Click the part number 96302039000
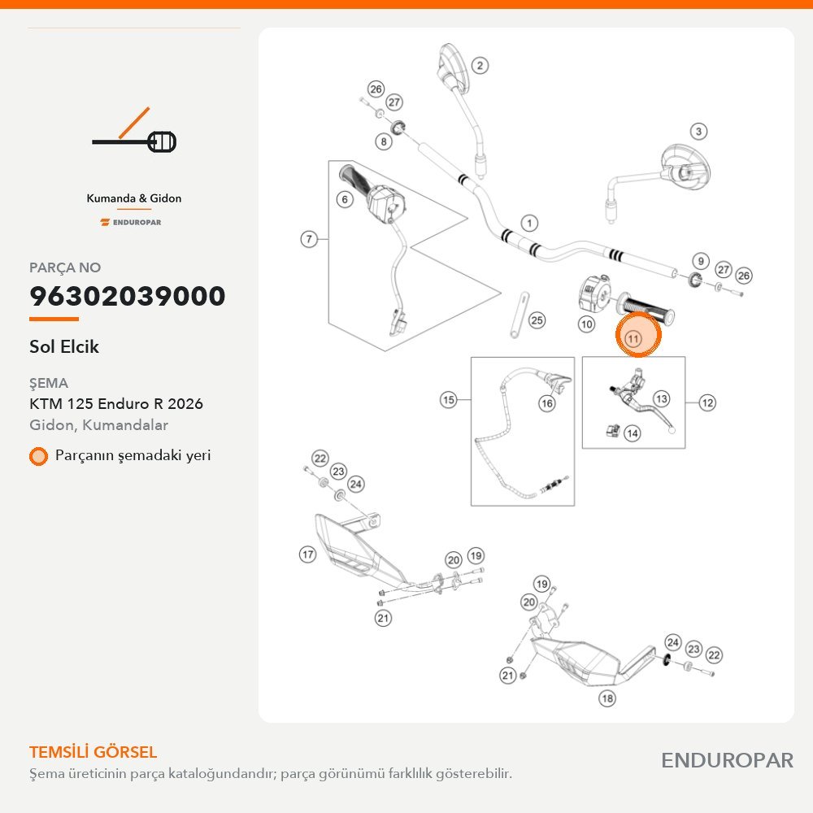tap(128, 296)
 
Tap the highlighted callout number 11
tap(633, 339)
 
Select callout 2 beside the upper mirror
tap(480, 65)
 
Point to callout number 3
tap(698, 131)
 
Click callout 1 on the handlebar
tap(529, 224)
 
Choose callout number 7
tap(309, 239)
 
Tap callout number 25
tap(537, 320)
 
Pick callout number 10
tap(586, 324)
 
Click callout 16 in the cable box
tap(547, 403)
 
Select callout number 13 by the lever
tap(661, 398)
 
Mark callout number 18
tap(607, 698)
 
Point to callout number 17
tap(307, 554)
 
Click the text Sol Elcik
tap(63, 346)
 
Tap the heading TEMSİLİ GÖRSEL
tap(93, 752)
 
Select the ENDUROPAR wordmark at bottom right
tap(727, 760)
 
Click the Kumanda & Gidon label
tap(134, 198)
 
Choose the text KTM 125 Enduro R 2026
tap(116, 403)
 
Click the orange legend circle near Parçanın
tap(38, 456)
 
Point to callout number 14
tap(632, 433)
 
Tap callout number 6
tap(345, 199)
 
